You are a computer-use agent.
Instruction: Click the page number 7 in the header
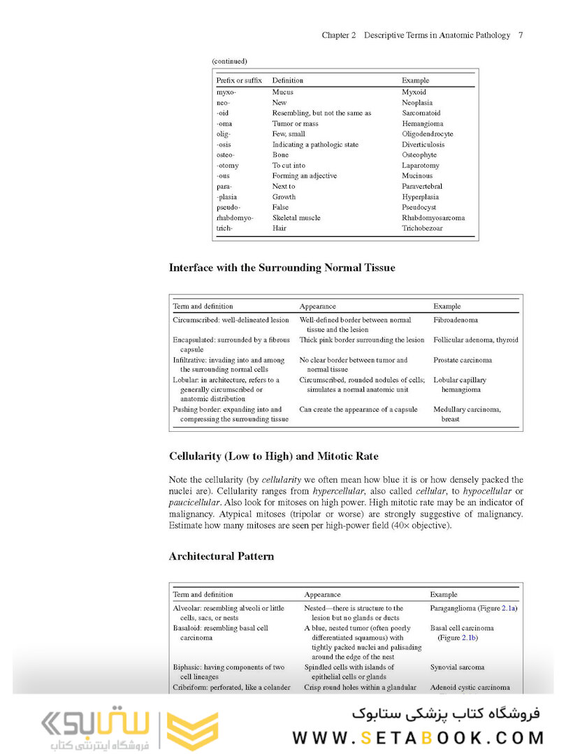(521, 35)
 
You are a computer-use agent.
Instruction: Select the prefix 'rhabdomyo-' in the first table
(234, 218)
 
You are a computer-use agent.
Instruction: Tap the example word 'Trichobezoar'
(422, 229)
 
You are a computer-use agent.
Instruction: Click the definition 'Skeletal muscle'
(296, 218)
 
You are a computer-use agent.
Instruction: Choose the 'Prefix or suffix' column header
(239, 81)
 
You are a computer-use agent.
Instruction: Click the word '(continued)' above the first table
(229, 61)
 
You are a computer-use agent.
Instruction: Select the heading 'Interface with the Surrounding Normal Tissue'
(282, 268)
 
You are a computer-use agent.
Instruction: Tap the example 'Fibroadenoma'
(456, 320)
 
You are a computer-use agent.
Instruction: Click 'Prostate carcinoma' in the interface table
(463, 361)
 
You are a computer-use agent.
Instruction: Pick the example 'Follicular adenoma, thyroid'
(476, 340)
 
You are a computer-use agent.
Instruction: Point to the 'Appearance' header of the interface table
(317, 307)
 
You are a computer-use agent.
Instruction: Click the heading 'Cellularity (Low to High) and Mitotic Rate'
(274, 456)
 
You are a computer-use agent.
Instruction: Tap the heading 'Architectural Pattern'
(222, 557)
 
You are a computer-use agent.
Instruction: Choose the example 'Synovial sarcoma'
(457, 668)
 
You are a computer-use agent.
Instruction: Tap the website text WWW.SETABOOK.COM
(418, 738)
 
